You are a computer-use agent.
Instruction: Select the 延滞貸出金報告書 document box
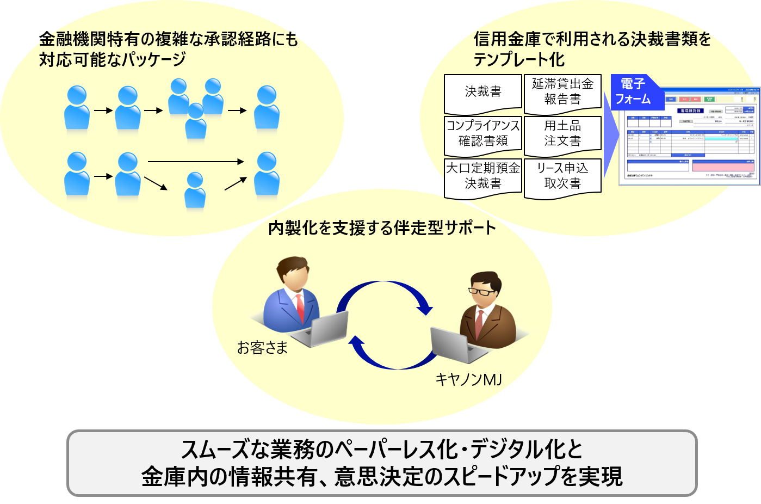pos(562,92)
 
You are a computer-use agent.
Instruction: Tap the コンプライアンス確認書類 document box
pos(483,134)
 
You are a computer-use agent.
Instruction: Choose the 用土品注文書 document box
pos(562,134)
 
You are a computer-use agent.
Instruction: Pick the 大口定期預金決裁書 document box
pos(483,176)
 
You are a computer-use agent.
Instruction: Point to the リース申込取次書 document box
pos(562,176)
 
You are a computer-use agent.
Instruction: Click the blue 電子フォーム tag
pos(633,92)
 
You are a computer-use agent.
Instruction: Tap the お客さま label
pos(262,347)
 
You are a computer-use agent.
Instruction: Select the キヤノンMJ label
pos(468,379)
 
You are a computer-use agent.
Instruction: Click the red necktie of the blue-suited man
pos(300,308)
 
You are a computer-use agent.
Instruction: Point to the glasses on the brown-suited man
pos(482,291)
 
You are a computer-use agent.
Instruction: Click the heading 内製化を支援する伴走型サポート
pos(382,228)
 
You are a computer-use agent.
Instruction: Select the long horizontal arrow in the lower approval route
pos(196,162)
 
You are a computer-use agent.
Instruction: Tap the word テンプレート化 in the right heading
pos(519,59)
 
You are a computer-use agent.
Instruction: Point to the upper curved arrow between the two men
pos(386,288)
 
